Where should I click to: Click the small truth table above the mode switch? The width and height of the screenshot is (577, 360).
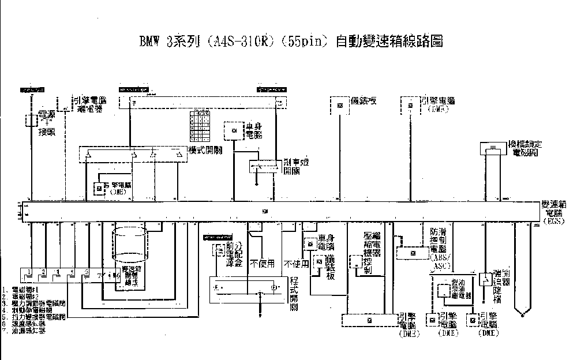point(201,125)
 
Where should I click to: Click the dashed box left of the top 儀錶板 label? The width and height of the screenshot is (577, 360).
point(340,104)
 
